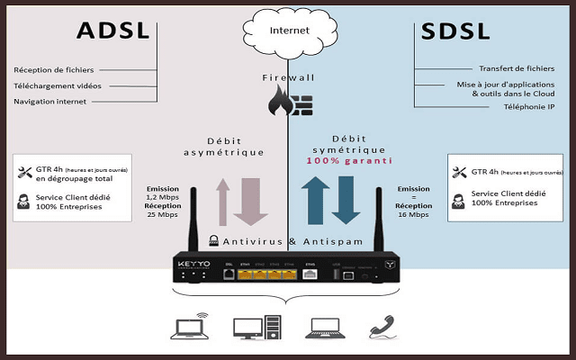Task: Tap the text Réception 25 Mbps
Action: click(x=163, y=211)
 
